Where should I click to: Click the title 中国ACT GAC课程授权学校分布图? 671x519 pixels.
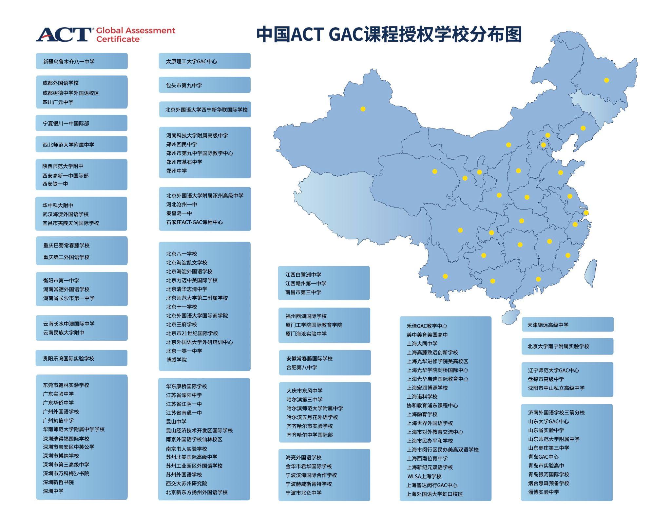(x=389, y=34)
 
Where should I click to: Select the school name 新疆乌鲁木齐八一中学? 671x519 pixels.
(x=69, y=62)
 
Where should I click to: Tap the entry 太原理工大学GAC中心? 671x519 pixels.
(x=191, y=61)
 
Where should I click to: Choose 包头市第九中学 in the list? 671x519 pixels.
(x=184, y=85)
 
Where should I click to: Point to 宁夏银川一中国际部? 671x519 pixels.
(x=66, y=124)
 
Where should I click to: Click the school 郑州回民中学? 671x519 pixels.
(x=182, y=144)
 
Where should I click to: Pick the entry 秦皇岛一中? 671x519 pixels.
(x=179, y=213)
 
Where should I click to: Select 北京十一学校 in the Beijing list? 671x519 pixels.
(x=182, y=307)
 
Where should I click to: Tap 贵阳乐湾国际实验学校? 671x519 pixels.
(x=68, y=358)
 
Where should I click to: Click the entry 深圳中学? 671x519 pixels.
(x=53, y=491)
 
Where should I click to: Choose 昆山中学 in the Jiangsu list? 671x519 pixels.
(x=176, y=421)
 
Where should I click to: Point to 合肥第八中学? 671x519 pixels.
(x=301, y=367)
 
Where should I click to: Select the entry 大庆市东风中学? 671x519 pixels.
(x=304, y=390)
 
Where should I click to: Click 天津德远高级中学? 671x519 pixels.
(x=548, y=325)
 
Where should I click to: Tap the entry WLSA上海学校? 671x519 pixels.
(x=424, y=476)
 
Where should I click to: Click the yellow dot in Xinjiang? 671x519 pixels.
(x=363, y=109)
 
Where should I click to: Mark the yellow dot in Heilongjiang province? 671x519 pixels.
(x=606, y=80)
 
